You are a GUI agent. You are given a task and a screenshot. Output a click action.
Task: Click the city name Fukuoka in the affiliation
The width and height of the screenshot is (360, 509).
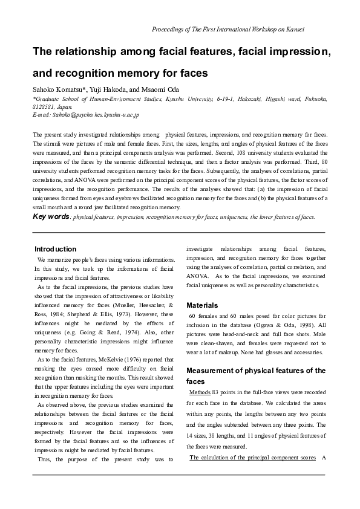[x=313, y=99]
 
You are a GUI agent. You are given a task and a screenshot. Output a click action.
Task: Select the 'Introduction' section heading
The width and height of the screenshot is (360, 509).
[x=55, y=249]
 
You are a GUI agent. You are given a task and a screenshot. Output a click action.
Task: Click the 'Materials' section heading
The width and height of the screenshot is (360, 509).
[x=202, y=305]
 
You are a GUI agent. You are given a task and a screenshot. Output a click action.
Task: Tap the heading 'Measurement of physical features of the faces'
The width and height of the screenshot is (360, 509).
[x=256, y=375]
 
